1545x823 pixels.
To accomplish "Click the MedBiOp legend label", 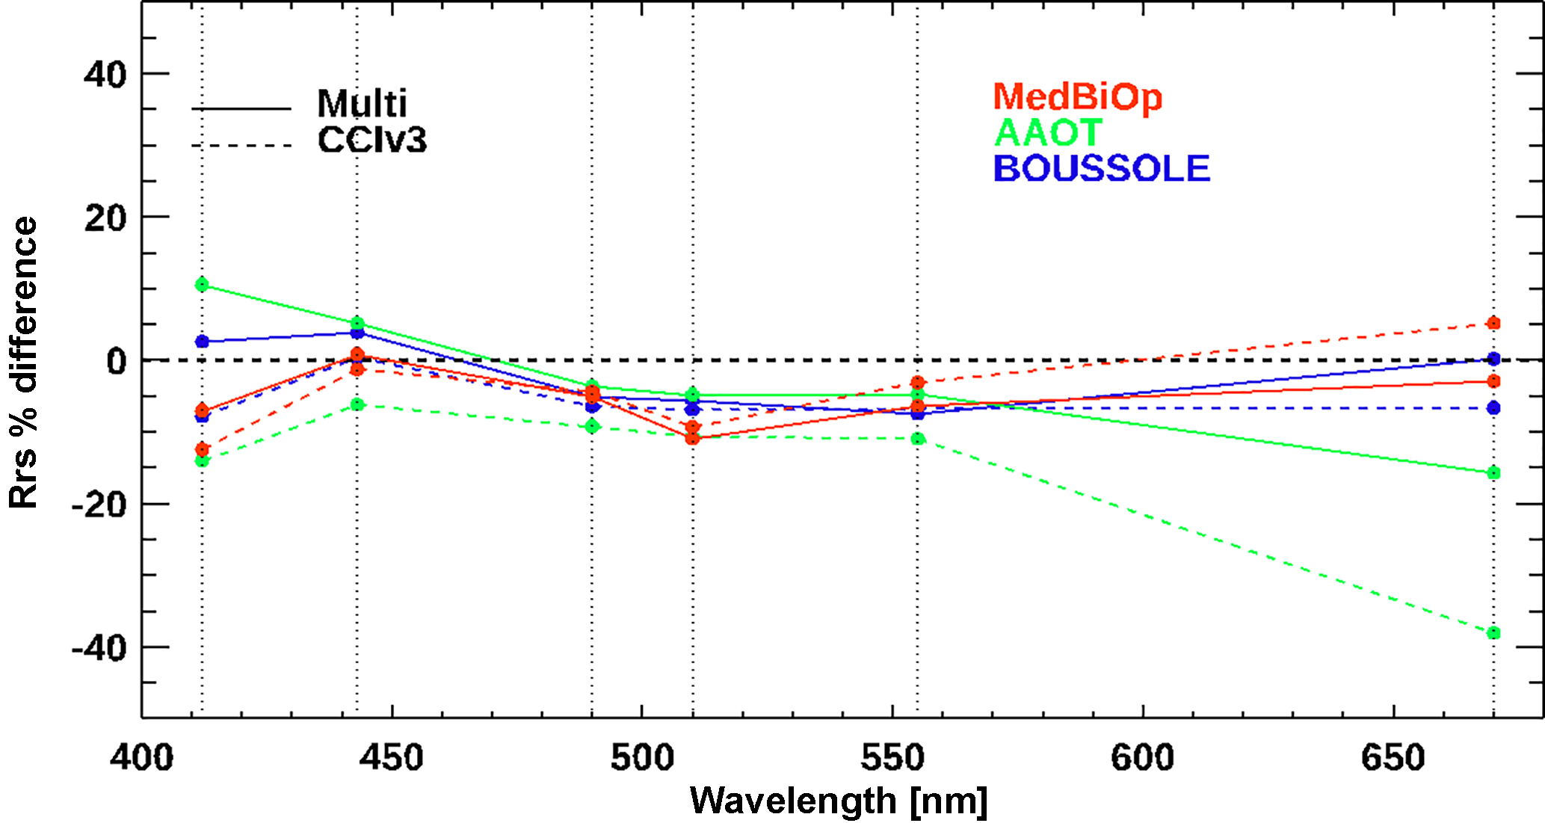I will pyautogui.click(x=1077, y=97).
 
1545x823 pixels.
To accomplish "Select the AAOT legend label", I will pyautogui.click(x=1048, y=133).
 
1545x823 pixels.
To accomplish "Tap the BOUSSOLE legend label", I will pyautogui.click(x=1101, y=169).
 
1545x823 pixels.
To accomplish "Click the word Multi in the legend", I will pyautogui.click(x=362, y=103).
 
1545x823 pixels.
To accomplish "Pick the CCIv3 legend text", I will pyautogui.click(x=371, y=140).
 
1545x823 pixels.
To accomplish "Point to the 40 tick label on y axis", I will pyautogui.click(x=105, y=75).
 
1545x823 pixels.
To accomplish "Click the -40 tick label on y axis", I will pyautogui.click(x=99, y=647).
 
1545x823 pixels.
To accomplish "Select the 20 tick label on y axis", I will pyautogui.click(x=105, y=218).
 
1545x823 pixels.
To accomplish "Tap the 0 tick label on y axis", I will pyautogui.click(x=116, y=361).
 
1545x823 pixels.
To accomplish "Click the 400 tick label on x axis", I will pyautogui.click(x=142, y=758).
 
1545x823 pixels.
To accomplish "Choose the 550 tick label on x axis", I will pyautogui.click(x=892, y=758).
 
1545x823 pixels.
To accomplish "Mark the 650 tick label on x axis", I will pyautogui.click(x=1393, y=758).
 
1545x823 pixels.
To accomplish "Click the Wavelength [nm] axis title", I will pyautogui.click(x=838, y=801).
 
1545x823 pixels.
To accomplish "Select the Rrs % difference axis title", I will pyautogui.click(x=24, y=363).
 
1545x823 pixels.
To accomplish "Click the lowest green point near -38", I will pyautogui.click(x=1493, y=633).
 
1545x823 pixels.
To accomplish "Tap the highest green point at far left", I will pyautogui.click(x=202, y=285).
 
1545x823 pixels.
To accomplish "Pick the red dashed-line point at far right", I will pyautogui.click(x=1493, y=324).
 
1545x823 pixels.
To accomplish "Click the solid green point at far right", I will pyautogui.click(x=1493, y=473).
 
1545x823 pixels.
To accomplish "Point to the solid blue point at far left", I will pyautogui.click(x=202, y=342).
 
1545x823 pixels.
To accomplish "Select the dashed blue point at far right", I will pyautogui.click(x=1493, y=408).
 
